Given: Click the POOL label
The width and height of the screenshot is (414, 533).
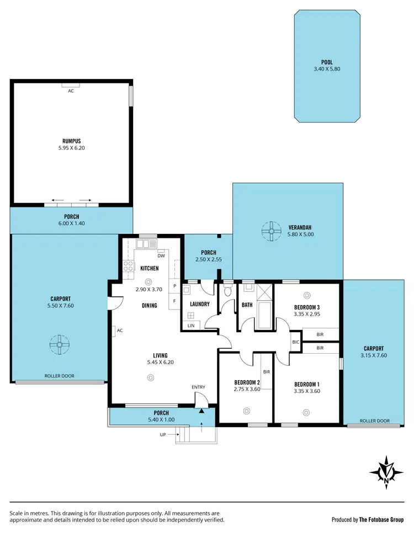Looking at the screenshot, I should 327,63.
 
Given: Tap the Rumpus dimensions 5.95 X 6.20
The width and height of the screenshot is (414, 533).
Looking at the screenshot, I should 72,148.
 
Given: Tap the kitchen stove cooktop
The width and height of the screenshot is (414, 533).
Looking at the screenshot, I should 128,267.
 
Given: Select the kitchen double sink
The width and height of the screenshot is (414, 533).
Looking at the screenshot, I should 147,243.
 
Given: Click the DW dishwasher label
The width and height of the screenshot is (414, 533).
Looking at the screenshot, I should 161,255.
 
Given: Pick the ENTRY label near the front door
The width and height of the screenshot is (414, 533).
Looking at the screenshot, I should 199,387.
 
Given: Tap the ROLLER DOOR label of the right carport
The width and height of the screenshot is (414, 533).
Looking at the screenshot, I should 374,420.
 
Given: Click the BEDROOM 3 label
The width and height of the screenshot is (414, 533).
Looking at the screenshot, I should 307,307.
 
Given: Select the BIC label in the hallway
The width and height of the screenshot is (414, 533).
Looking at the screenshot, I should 295,342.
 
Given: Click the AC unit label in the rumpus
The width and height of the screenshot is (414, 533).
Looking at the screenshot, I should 71,90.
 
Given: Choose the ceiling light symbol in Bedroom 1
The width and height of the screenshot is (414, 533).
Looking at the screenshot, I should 306,411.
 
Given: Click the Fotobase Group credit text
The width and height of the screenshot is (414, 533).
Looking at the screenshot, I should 368,519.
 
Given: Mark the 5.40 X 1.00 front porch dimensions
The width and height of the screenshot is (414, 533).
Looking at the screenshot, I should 161,419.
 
